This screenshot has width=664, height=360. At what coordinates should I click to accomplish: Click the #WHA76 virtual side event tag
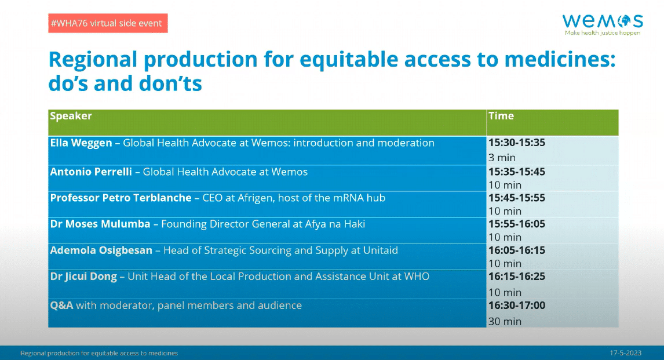[x=108, y=23]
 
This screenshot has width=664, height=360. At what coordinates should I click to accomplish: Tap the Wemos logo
[x=603, y=24]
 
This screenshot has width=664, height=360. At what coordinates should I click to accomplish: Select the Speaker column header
[x=71, y=116]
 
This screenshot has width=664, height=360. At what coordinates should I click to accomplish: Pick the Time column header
[x=501, y=116]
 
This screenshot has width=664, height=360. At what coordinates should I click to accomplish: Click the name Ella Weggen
[x=81, y=143]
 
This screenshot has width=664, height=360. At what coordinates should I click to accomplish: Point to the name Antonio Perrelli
[x=91, y=172]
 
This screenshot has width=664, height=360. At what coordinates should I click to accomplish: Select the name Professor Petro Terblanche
[x=121, y=198]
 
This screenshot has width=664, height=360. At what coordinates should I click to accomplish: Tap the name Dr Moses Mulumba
[x=100, y=224]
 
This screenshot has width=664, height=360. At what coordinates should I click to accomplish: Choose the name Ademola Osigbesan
[x=101, y=251]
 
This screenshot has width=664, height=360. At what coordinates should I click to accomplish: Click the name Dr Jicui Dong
[x=83, y=277]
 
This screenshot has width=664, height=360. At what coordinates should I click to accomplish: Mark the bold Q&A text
[x=61, y=306]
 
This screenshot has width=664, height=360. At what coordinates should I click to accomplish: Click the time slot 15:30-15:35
[x=517, y=143]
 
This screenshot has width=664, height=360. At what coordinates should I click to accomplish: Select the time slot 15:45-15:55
[x=517, y=198]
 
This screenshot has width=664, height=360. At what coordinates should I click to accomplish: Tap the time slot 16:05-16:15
[x=517, y=250]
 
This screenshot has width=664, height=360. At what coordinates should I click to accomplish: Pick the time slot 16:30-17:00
[x=517, y=306]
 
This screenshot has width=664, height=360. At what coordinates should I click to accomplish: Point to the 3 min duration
[x=502, y=158]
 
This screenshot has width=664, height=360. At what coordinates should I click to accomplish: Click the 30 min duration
[x=505, y=322]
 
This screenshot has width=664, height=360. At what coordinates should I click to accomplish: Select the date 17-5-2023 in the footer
[x=625, y=353]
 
